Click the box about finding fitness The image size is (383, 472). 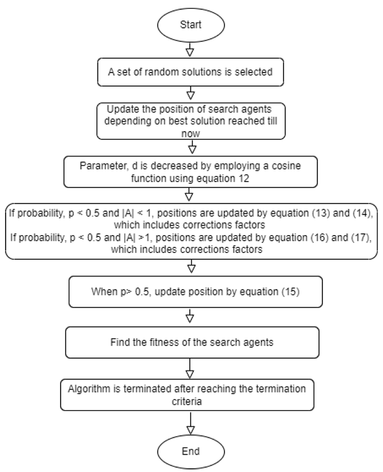tap(191, 341)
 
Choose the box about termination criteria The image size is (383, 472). tap(191, 393)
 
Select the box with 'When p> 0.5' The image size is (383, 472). tap(191, 292)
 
